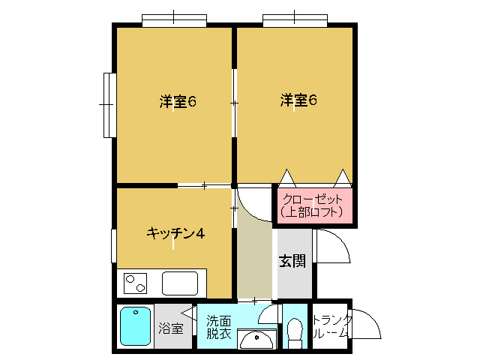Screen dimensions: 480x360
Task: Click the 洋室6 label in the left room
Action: coord(178,101)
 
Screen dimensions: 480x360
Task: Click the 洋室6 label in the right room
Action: coord(298,100)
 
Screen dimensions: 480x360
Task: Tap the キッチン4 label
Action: coord(175,233)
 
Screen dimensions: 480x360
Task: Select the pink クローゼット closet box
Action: coord(315,205)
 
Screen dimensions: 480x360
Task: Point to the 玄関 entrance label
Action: coord(292,261)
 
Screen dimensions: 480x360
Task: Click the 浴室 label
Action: coord(171,328)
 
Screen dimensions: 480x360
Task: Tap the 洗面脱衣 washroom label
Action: coord(218,327)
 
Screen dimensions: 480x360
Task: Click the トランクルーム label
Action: coord(331,327)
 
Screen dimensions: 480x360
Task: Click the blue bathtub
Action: coord(135,326)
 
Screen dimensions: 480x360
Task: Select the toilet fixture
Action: coord(295,333)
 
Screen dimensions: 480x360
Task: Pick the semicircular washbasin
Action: coord(256,339)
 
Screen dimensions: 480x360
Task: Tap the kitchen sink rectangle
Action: coord(180,283)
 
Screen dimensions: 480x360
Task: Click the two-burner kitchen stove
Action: coord(135,283)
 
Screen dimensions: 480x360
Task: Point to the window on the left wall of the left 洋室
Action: coord(109,105)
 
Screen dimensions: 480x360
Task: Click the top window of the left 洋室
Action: coord(174,20)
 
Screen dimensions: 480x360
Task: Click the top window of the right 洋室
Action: coord(295,20)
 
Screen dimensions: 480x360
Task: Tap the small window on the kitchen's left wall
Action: coord(113,246)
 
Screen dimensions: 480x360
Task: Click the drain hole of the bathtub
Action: coord(136,313)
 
